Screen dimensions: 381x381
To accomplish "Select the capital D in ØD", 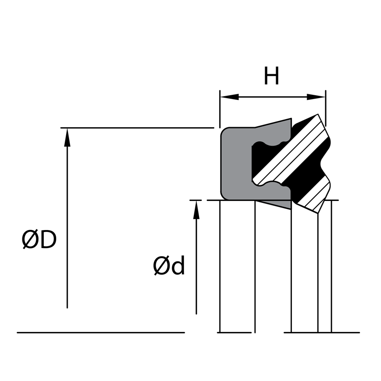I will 48,240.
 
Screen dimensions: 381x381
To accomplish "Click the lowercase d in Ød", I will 178,266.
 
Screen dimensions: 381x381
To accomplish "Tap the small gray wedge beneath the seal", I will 281,204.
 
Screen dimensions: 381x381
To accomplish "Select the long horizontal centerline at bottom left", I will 100,332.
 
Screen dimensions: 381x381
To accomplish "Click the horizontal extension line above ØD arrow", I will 138,128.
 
